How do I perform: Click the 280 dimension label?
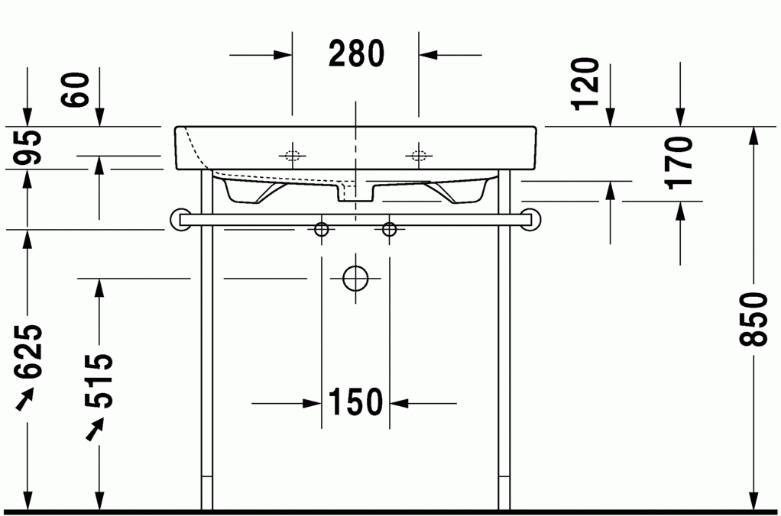(x=357, y=53)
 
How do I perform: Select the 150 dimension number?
(x=355, y=402)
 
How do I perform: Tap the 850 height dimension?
(x=753, y=319)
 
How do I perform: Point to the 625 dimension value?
(x=29, y=351)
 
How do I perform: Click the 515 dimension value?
(x=99, y=381)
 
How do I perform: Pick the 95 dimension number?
(x=28, y=147)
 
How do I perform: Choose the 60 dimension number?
(x=75, y=89)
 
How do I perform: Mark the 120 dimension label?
(x=585, y=84)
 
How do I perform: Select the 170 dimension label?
(x=679, y=163)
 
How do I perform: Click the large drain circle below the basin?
(x=355, y=279)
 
